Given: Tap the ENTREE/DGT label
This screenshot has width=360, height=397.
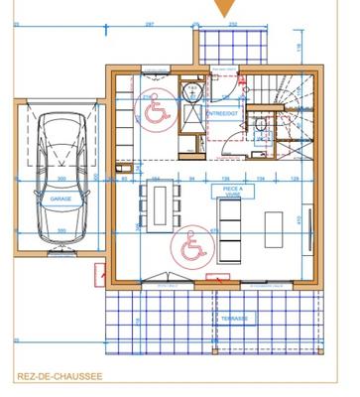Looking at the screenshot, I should coord(220,115).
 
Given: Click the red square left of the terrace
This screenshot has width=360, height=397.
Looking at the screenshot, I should coord(101,272).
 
